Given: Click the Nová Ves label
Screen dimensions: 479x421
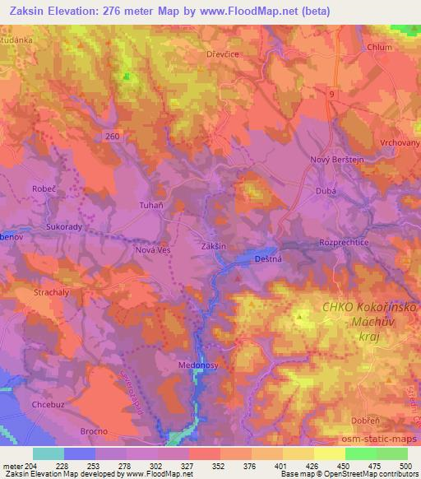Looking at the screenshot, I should click(150, 251).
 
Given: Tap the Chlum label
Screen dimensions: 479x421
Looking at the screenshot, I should click(380, 47).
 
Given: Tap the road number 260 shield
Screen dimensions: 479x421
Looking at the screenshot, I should click(112, 134).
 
